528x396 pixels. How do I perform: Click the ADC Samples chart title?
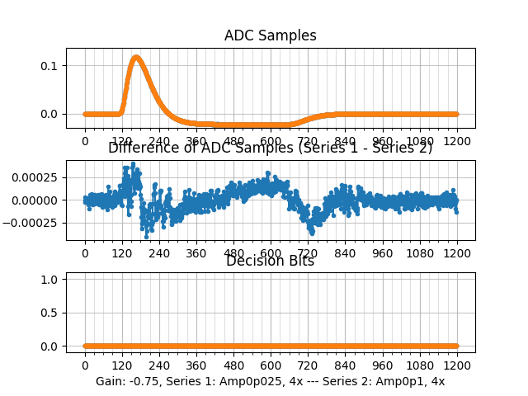coord(270,35)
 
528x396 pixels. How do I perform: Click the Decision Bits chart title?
coord(270,262)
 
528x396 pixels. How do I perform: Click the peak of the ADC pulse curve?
coord(136,58)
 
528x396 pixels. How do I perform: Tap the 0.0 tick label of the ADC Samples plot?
coord(50,114)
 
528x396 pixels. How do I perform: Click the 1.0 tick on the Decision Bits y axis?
coord(50,280)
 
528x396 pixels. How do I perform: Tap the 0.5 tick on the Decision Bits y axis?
coord(50,313)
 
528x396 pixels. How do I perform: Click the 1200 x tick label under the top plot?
coord(457,141)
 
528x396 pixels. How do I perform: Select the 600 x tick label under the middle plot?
coord(271,253)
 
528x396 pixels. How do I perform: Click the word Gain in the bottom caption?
coord(109,381)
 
